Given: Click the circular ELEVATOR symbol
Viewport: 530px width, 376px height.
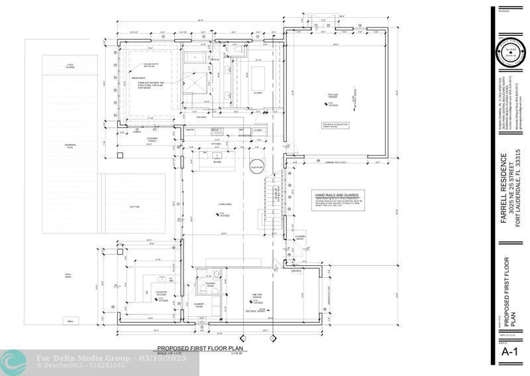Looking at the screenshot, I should (x=256, y=166).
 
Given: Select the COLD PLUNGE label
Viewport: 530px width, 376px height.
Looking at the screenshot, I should (x=70, y=66).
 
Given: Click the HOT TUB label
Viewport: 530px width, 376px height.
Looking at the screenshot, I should (x=134, y=207).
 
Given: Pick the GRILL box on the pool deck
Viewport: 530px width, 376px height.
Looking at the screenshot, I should (x=70, y=321).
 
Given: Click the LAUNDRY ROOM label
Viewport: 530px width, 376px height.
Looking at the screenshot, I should (x=198, y=306).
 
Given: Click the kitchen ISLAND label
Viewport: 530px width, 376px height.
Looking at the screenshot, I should (x=217, y=160).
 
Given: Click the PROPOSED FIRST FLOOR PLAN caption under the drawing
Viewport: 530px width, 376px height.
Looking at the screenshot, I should (x=199, y=348).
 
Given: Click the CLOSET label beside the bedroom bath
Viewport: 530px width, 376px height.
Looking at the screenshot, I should (x=258, y=93).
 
